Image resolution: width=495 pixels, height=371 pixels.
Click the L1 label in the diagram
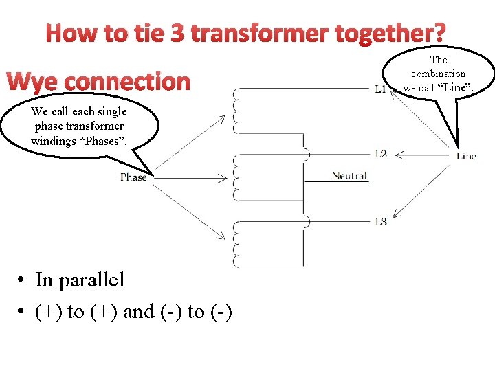pyautogui.click(x=380, y=89)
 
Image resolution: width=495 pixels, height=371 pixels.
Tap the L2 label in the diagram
pyautogui.click(x=380, y=153)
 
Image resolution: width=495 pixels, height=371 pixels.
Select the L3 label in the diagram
pyautogui.click(x=380, y=221)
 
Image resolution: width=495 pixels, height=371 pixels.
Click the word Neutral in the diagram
pyautogui.click(x=349, y=176)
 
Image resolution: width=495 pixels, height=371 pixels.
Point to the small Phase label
pyautogui.click(x=133, y=177)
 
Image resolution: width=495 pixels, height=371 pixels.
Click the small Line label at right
pyautogui.click(x=466, y=156)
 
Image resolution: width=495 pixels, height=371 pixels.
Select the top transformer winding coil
pyautogui.click(x=237, y=111)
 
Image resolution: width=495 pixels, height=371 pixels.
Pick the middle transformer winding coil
pyautogui.click(x=237, y=177)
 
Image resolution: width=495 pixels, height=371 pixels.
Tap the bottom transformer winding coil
pyautogui.click(x=237, y=244)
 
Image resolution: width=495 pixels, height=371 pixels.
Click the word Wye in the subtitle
pyautogui.click(x=33, y=82)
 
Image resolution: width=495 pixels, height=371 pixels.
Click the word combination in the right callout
pyautogui.click(x=439, y=74)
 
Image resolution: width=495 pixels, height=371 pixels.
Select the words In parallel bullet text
pyautogui.click(x=80, y=280)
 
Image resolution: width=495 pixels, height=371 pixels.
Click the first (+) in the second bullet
pyautogui.click(x=48, y=312)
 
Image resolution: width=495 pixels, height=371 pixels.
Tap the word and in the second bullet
pyautogui.click(x=139, y=312)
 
